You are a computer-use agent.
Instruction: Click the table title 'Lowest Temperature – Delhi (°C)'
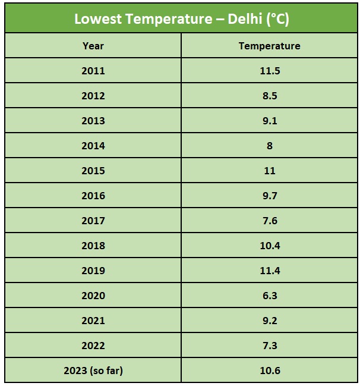pyautogui.click(x=181, y=18)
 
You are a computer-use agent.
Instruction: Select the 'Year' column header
pyautogui.click(x=93, y=46)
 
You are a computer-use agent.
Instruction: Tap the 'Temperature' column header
pyautogui.click(x=269, y=46)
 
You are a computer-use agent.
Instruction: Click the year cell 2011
pyautogui.click(x=93, y=71)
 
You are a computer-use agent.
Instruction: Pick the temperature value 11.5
pyautogui.click(x=269, y=71)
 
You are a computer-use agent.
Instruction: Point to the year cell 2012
pyautogui.click(x=93, y=96)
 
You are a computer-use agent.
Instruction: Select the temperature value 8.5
pyautogui.click(x=269, y=96)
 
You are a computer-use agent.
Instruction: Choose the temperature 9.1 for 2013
pyautogui.click(x=269, y=121)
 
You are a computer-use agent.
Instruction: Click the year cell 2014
pyautogui.click(x=93, y=146)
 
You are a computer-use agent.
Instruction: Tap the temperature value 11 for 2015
pyautogui.click(x=269, y=171)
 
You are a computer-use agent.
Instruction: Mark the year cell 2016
pyautogui.click(x=93, y=196)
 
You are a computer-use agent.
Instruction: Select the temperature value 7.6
pyautogui.click(x=269, y=221)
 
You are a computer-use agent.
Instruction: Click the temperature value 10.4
pyautogui.click(x=269, y=246)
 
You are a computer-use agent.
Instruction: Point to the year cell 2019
pyautogui.click(x=93, y=271)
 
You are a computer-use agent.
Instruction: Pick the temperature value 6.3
pyautogui.click(x=269, y=296)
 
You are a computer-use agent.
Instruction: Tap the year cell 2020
pyautogui.click(x=93, y=296)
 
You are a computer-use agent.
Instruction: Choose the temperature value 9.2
pyautogui.click(x=269, y=321)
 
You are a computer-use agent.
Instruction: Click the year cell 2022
pyautogui.click(x=93, y=346)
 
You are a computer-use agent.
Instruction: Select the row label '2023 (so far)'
pyautogui.click(x=93, y=371)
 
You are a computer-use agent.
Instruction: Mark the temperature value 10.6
pyautogui.click(x=269, y=371)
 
